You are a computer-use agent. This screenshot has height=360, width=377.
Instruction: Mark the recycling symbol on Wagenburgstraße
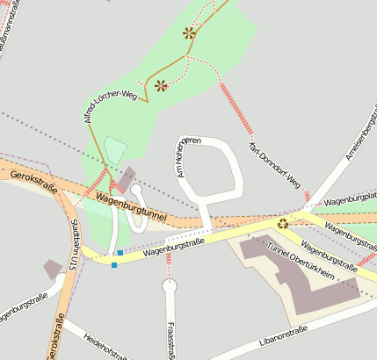[x=283, y=223]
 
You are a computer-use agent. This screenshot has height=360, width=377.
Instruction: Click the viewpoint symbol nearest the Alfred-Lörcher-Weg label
[x=161, y=85]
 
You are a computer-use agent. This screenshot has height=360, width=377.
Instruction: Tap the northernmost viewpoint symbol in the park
[x=189, y=33]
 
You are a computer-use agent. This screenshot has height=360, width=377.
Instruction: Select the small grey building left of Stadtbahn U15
[x=52, y=267]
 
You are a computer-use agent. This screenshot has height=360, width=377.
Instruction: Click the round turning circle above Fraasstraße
[x=170, y=285]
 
